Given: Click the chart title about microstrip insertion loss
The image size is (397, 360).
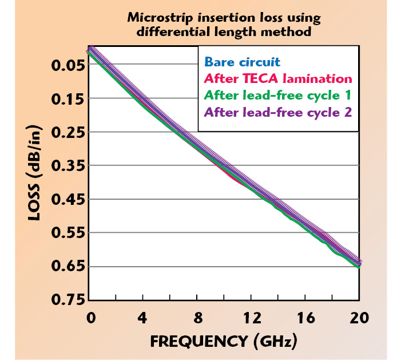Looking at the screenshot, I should (224, 25).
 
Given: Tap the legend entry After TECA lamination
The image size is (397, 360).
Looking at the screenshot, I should (277, 78).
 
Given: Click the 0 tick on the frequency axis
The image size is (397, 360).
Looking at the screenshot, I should (90, 318).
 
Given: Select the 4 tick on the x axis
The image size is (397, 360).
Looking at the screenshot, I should (144, 318).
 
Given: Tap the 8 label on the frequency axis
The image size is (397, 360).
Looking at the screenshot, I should (197, 318).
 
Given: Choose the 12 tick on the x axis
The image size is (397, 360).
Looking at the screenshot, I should (251, 318).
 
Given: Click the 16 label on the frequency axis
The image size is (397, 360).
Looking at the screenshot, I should (305, 318).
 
